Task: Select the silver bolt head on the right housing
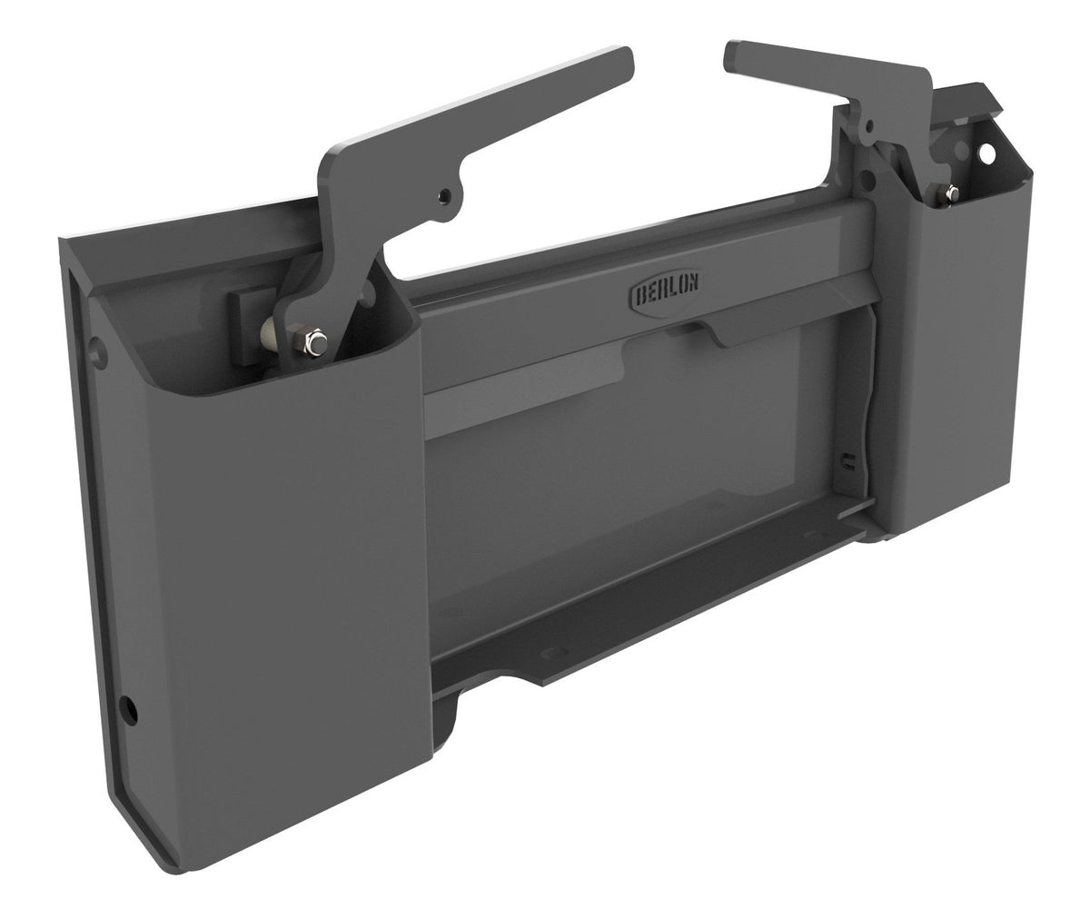(950, 192)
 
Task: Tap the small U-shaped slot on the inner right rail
(847, 459)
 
